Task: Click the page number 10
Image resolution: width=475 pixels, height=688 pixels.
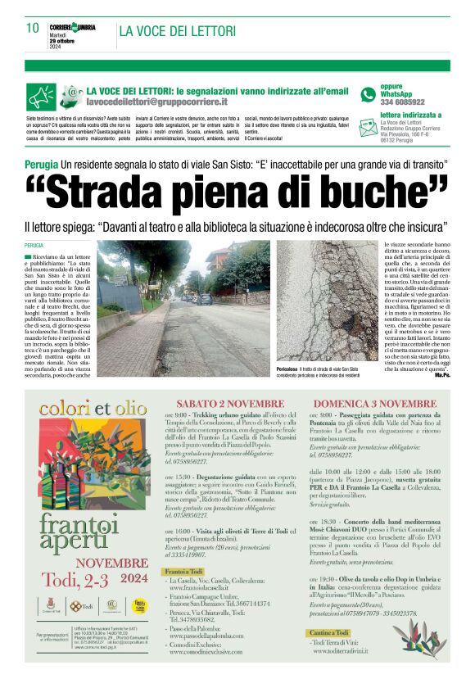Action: pos(33,29)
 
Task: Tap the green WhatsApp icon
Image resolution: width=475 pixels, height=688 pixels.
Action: pos(368,95)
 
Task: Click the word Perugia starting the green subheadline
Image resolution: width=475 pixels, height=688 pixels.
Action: pos(41,165)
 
